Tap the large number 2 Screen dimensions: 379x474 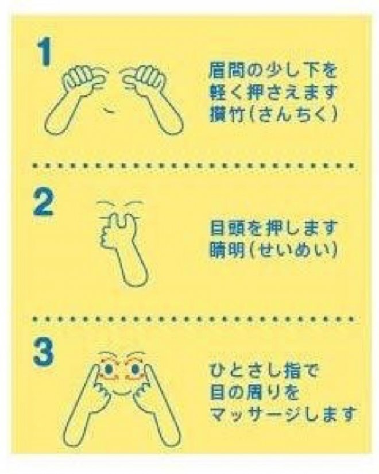43,203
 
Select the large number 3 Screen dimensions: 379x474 43,352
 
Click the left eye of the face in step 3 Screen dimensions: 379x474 109,369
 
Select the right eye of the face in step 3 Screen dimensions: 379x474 134,369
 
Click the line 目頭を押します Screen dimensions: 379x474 273,227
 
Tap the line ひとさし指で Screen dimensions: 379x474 264,371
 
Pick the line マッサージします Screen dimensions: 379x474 283,414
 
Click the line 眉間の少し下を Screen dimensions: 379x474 273,71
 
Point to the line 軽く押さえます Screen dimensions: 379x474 273,92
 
